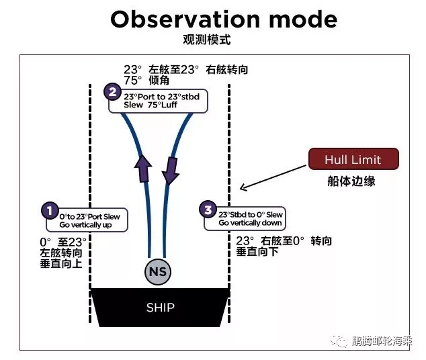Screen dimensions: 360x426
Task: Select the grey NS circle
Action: (x=159, y=272)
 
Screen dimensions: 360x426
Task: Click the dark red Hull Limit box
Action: (x=353, y=160)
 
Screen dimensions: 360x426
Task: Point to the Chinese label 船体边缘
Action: (x=353, y=181)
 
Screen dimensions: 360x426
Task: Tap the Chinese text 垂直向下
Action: (x=257, y=252)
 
